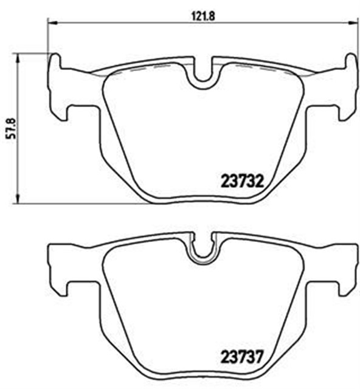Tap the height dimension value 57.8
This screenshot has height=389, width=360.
tap(7, 127)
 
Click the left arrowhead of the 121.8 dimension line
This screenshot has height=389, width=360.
tap(51, 23)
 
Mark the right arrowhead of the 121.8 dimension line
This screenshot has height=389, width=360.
tap(354, 23)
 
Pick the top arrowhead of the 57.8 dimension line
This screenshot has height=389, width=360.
tap(18, 57)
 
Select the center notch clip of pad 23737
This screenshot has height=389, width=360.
tap(202, 250)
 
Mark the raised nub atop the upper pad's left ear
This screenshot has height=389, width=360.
tap(55, 61)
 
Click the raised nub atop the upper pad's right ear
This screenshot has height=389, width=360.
tap(351, 61)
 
